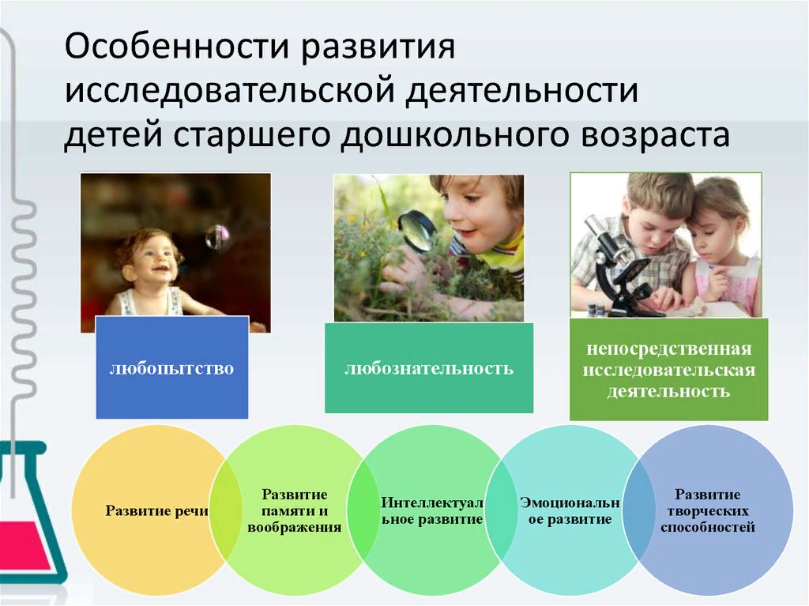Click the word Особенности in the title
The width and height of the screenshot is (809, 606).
coord(178,47)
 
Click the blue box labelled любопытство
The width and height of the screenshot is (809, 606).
coord(171,367)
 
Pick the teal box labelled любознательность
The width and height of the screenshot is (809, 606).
coord(429,368)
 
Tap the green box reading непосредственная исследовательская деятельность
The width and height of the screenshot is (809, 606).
coord(668,370)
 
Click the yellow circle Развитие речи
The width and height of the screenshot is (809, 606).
coord(156,510)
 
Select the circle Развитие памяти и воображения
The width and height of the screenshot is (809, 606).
coord(295,510)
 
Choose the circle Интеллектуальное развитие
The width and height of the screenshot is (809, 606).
coord(432,510)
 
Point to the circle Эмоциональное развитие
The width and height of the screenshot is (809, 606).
coord(570,510)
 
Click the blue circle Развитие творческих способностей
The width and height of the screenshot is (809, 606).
coord(708,510)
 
